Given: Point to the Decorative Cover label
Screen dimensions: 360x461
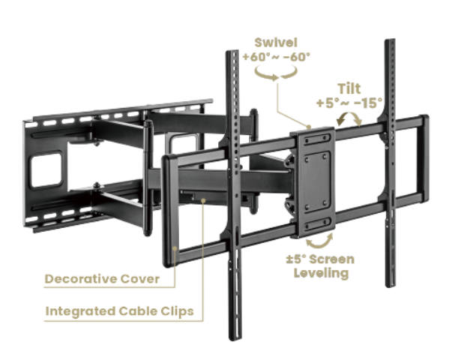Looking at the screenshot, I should coord(102,279).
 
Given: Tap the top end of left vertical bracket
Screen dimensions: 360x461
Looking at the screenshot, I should coord(232,56).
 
